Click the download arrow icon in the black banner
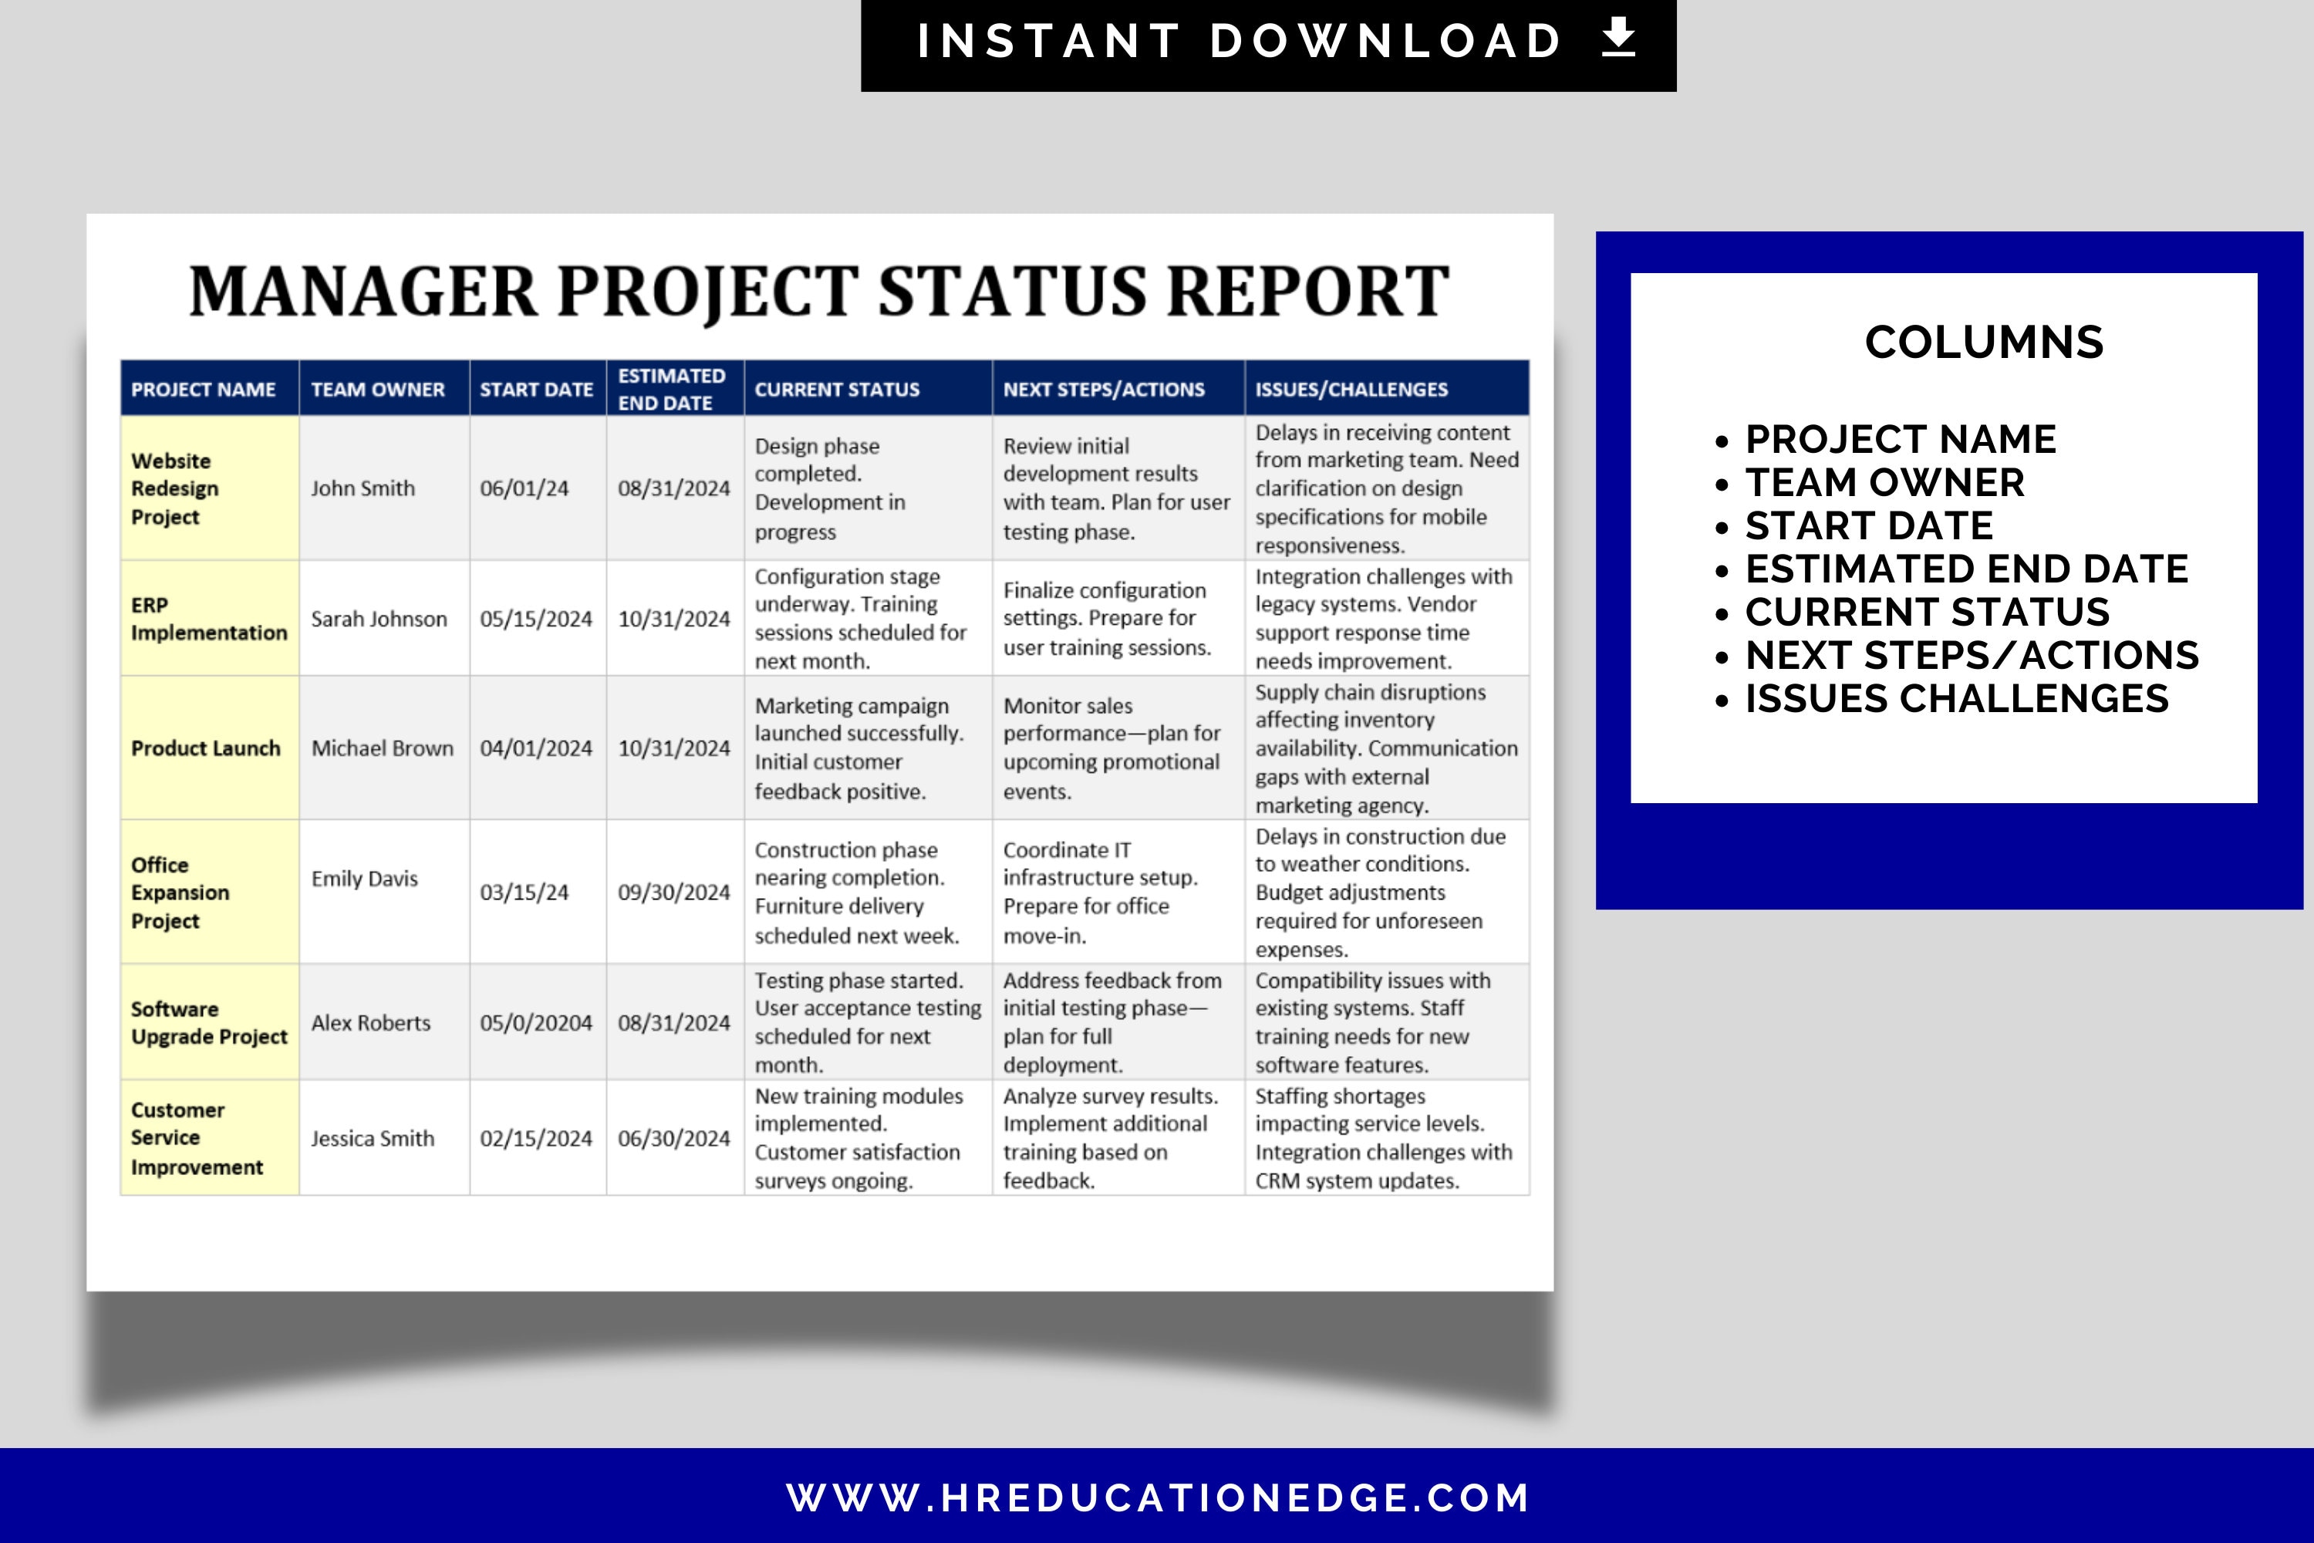(1618, 39)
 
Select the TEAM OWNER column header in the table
(378, 390)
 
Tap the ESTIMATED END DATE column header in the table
(672, 390)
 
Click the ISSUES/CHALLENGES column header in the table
(1351, 390)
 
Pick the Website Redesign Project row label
(175, 489)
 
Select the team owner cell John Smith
(363, 489)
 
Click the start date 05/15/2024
(536, 619)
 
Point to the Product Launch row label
(206, 749)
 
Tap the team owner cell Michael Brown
(383, 749)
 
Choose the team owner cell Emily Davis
(365, 879)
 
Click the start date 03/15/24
(525, 893)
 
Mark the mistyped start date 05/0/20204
(536, 1024)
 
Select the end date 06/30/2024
(674, 1139)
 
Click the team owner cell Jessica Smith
(373, 1139)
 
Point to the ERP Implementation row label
(208, 619)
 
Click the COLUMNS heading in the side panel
(1983, 343)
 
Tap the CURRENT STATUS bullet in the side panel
(1926, 612)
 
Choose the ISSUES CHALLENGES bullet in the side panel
(1956, 699)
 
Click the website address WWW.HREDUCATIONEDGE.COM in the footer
(1158, 1497)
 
